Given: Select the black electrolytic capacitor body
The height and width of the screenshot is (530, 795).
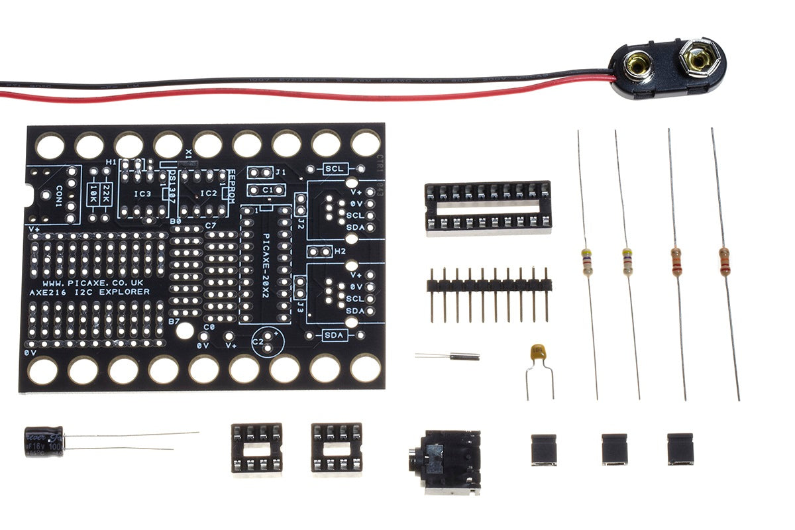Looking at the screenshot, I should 44,441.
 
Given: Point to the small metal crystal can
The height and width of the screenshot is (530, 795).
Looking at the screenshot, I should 464,356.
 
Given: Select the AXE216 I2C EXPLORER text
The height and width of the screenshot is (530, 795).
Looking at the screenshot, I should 90,292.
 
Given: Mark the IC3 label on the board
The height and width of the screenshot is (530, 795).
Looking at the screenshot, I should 142,193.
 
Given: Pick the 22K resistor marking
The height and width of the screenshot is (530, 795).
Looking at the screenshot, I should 106,194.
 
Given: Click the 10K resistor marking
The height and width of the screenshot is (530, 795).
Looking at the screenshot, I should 93,194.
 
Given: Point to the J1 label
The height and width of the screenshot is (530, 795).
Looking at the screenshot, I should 281,172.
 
